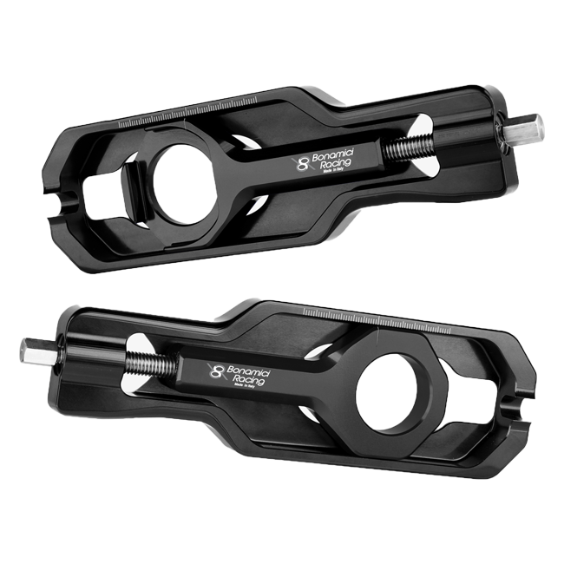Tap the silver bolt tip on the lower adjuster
coord(27,349)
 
